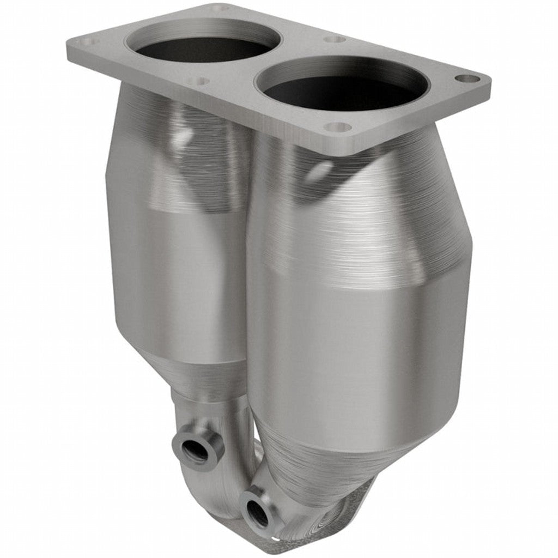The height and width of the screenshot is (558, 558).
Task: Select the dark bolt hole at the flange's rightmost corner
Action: pyautogui.click(x=467, y=78)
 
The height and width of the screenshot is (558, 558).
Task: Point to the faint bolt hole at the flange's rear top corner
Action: pyautogui.click(x=219, y=9)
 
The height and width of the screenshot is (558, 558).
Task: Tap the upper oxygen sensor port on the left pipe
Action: pyautogui.click(x=196, y=450)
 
